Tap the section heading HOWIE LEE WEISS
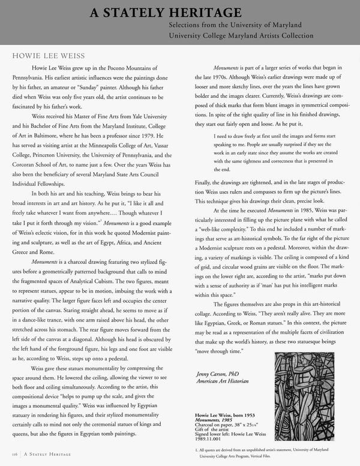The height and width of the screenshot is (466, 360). click(46, 55)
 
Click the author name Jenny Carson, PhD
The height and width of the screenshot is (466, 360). click(218, 375)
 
